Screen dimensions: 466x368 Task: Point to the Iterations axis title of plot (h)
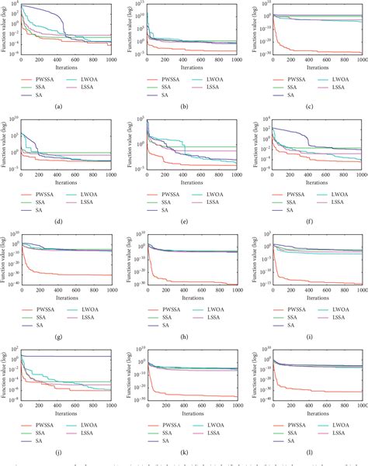coord(191,293)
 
